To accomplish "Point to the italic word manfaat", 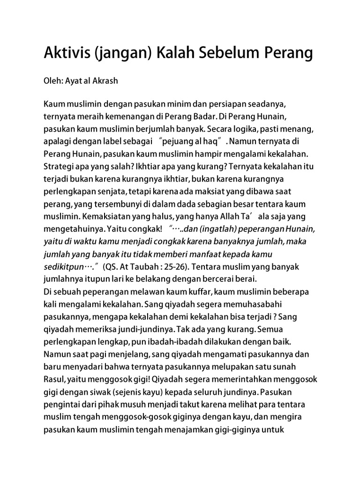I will (212, 254).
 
